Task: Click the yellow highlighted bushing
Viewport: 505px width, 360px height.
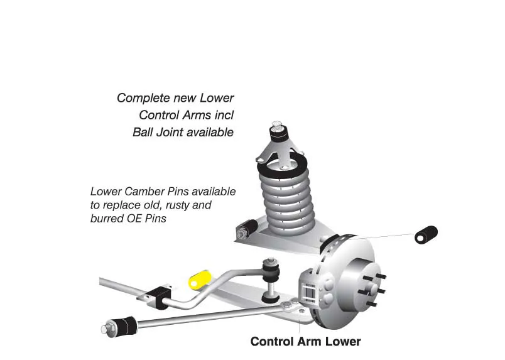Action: click(200, 280)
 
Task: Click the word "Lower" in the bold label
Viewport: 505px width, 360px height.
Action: click(343, 341)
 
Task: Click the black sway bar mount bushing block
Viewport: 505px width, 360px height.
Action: click(159, 297)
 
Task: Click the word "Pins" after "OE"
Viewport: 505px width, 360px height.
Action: click(156, 219)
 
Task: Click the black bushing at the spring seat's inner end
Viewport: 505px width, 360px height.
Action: click(248, 229)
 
